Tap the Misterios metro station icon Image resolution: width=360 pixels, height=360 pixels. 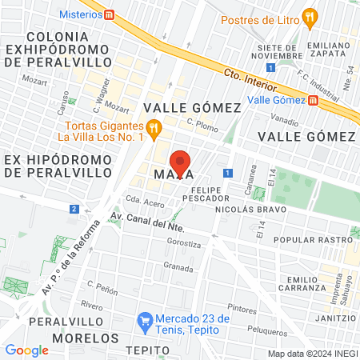tap(110, 14)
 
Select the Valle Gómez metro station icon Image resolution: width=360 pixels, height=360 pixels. tap(313, 100)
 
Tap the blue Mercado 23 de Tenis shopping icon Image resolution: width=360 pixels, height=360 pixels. tap(145, 321)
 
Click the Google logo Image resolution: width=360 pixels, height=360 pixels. tap(26, 350)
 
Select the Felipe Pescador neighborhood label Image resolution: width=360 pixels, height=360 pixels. tap(206, 191)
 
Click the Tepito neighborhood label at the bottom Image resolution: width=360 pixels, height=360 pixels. tap(147, 351)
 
